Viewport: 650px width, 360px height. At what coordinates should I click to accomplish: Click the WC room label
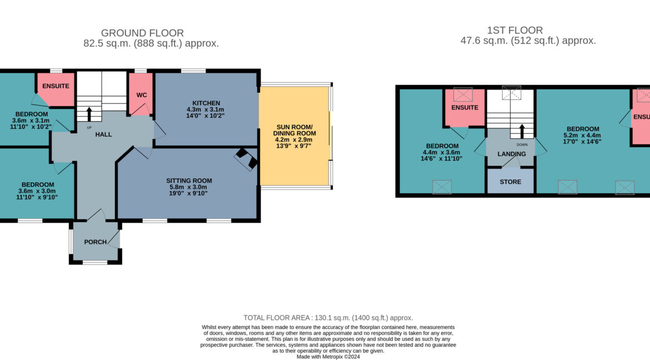coord(142,95)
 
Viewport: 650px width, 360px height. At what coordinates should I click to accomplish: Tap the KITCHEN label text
coord(206,103)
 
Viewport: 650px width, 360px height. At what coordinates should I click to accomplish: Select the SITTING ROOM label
coord(189,181)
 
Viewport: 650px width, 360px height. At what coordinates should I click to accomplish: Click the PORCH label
coord(96,242)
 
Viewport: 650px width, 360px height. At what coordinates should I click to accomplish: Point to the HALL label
coord(104,134)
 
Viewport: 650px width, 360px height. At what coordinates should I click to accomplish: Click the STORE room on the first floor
coord(511,182)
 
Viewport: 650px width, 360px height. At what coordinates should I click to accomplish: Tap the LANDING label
coord(512,154)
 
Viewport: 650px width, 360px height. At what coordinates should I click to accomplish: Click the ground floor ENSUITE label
coord(56,86)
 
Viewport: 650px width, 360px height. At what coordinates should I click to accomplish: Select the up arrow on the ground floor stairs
coord(89,114)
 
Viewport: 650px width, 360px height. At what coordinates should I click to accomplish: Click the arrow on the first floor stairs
coord(522,132)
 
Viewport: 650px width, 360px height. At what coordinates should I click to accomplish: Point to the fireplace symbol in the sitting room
coord(246,159)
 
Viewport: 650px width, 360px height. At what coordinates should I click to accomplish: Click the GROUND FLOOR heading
coord(142,33)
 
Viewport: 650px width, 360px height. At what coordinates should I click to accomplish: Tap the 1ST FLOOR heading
coord(515,30)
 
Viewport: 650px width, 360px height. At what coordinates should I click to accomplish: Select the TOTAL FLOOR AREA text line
coord(328,318)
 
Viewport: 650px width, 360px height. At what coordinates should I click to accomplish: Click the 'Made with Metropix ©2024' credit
coord(328,357)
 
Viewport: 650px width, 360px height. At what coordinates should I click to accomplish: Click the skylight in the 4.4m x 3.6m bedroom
coord(442,187)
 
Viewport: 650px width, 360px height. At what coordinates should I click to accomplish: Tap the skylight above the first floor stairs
coord(512,93)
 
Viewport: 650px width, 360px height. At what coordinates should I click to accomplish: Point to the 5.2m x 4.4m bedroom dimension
coord(582,135)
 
